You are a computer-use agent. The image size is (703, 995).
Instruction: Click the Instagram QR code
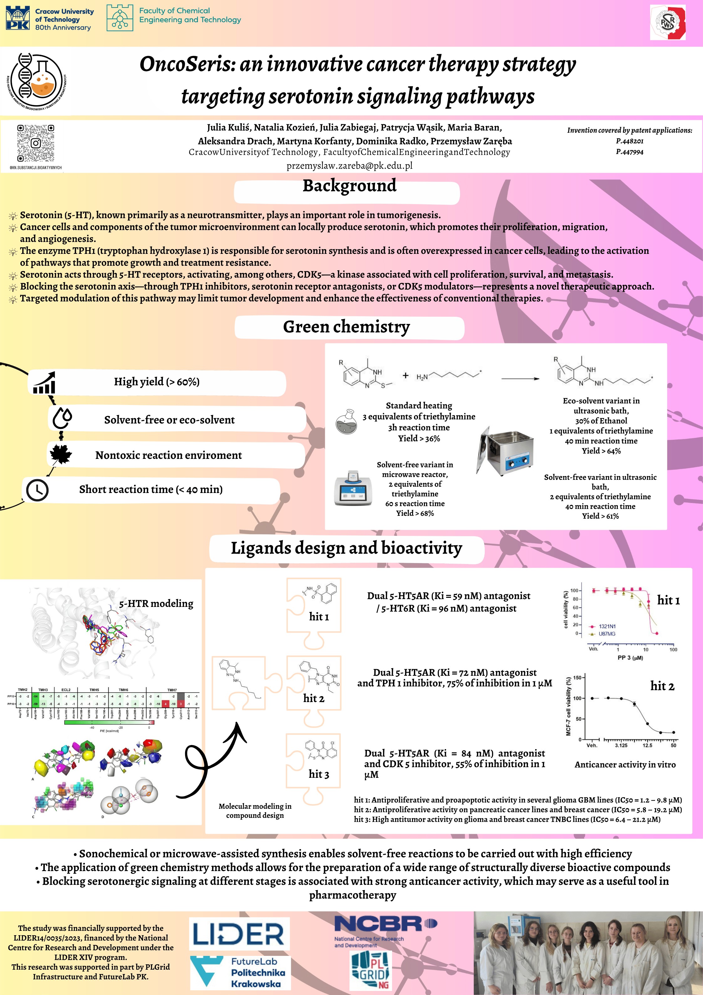[x=36, y=143]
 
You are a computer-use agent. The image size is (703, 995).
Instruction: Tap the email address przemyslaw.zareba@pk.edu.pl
[x=349, y=166]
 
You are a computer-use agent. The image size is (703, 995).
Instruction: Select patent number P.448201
[x=629, y=141]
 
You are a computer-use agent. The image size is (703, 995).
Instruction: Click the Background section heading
[x=349, y=186]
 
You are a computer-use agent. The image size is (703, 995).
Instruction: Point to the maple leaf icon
[x=61, y=454]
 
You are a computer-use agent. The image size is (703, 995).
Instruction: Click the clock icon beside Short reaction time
[x=37, y=490]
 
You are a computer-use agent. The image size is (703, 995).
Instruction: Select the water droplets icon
[x=62, y=418]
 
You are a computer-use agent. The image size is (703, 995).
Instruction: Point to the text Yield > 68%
[x=415, y=513]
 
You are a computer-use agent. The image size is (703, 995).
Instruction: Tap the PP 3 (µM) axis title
[x=630, y=658]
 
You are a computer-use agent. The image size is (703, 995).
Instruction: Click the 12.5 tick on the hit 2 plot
[x=647, y=745]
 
